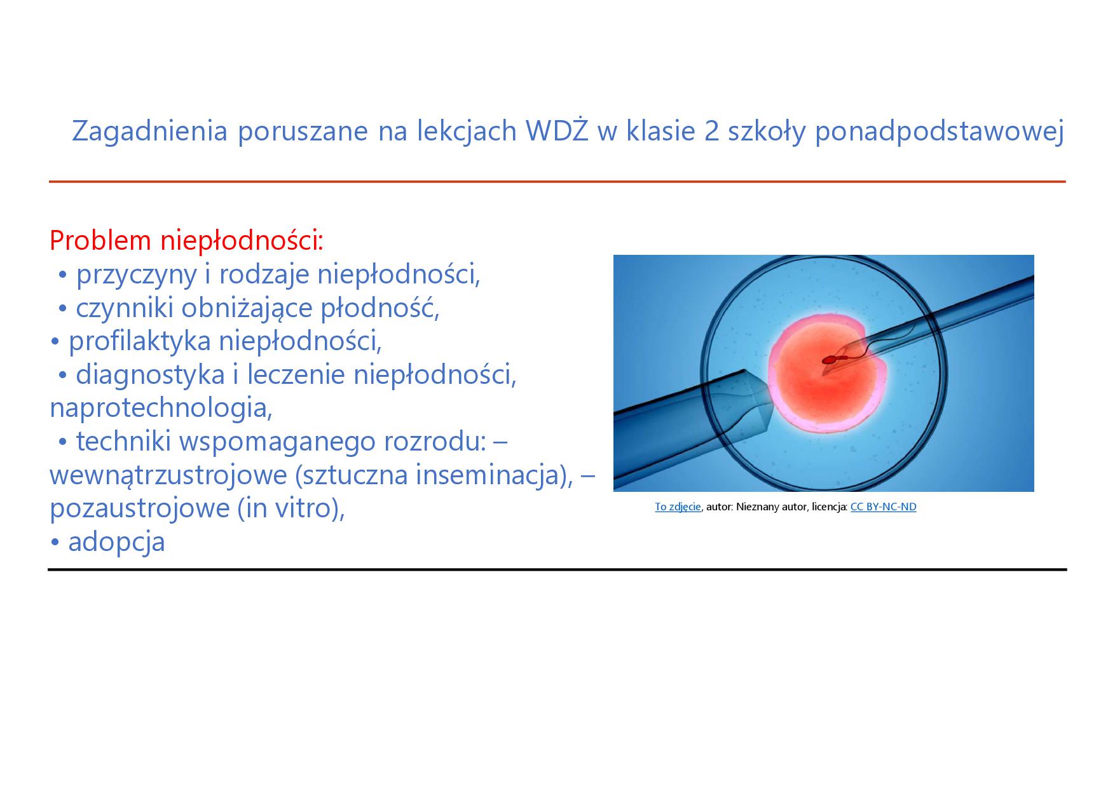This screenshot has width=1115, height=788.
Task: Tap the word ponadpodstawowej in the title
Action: click(x=940, y=132)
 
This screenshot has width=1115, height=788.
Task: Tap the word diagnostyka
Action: click(x=150, y=376)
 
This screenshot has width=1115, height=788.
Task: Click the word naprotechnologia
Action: click(x=161, y=409)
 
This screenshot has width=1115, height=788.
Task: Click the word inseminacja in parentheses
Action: click(x=488, y=475)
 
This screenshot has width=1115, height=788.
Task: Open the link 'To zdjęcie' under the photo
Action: click(x=678, y=507)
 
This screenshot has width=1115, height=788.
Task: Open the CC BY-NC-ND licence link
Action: click(x=883, y=506)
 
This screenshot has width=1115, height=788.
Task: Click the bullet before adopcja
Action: click(x=55, y=543)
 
